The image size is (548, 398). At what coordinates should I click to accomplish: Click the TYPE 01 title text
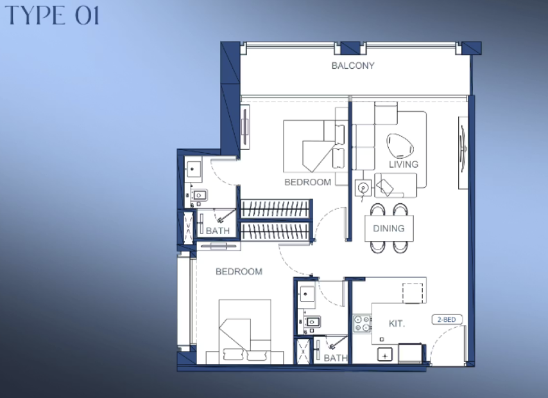click(53, 15)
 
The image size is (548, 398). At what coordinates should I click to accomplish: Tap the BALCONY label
click(353, 66)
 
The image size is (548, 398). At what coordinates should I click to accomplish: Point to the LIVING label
click(404, 164)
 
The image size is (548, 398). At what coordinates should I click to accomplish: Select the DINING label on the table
click(389, 228)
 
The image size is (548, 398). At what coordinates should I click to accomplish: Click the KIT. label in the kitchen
click(397, 323)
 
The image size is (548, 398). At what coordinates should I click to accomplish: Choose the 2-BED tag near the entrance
click(447, 320)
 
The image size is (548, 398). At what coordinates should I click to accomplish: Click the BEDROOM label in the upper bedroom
click(307, 182)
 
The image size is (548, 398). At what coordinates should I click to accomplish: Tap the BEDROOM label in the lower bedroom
click(239, 271)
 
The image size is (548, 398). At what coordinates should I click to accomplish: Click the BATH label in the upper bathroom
click(218, 231)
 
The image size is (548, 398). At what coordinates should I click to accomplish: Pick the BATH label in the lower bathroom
click(336, 357)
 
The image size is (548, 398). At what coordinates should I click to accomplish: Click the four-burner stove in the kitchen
click(362, 323)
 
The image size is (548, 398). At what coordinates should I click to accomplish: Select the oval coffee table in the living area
click(400, 145)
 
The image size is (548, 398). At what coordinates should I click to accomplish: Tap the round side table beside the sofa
click(363, 188)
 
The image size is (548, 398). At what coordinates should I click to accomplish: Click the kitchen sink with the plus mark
click(385, 354)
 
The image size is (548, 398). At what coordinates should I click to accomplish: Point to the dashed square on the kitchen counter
click(413, 293)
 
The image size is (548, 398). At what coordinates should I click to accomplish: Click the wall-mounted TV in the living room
click(463, 152)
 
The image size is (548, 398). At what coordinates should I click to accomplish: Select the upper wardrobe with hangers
click(275, 209)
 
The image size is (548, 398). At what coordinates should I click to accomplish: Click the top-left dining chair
click(377, 210)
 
